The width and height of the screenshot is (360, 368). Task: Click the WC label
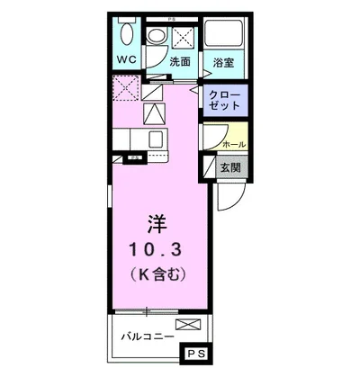[127, 59]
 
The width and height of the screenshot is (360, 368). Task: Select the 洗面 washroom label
[180, 61]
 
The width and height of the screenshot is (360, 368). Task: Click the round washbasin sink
[157, 36]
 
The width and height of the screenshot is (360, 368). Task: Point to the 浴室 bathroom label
[223, 62]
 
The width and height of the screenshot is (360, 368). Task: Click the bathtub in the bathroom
[223, 32]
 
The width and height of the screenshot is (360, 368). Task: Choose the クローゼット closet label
[225, 101]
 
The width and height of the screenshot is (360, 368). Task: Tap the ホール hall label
[234, 145]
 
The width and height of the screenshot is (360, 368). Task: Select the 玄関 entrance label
[230, 167]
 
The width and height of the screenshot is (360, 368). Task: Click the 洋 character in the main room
[157, 224]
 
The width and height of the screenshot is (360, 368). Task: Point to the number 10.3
[156, 250]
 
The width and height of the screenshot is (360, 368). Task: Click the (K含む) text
[157, 274]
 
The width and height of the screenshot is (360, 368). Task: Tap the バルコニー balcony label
[148, 337]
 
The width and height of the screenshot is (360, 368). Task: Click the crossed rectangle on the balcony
[188, 325]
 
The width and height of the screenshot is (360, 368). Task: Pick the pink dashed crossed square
[126, 88]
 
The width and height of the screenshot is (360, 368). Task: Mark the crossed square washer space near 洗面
[184, 38]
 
